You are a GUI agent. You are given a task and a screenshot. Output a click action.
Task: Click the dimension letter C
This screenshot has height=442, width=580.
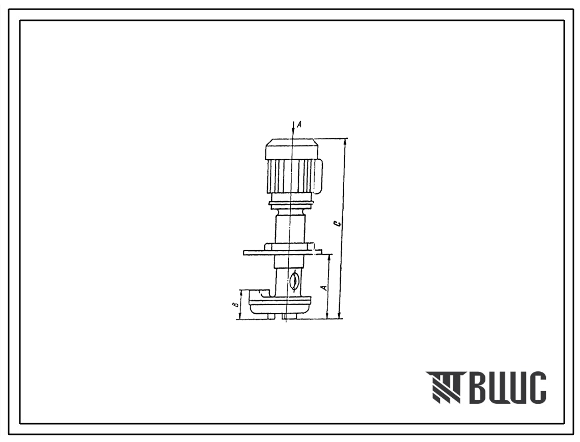[x=337, y=224]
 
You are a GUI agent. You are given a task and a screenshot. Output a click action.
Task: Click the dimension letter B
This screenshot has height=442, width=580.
[x=235, y=305]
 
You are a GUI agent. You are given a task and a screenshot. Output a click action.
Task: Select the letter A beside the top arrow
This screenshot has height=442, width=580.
[x=299, y=125]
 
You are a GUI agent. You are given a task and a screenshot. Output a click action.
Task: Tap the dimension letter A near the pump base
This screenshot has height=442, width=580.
[x=324, y=287]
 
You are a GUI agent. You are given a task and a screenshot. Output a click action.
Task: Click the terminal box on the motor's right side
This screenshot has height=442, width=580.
[x=318, y=176]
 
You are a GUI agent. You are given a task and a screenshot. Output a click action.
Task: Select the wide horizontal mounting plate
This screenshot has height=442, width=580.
[x=283, y=252]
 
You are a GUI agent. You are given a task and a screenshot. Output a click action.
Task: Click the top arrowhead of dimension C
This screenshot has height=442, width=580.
[x=345, y=141]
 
